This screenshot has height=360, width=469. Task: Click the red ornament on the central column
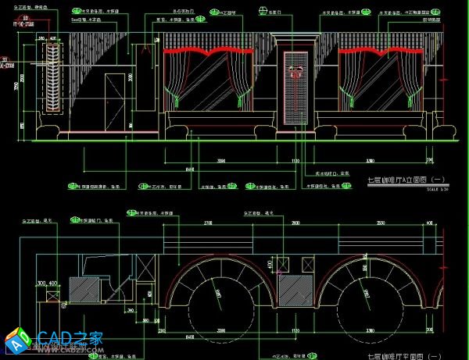295,73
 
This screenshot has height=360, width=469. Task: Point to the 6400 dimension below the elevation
188,168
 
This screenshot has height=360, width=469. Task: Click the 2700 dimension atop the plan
207,223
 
